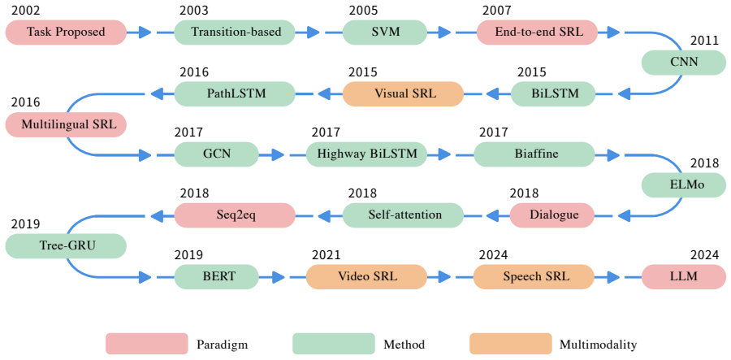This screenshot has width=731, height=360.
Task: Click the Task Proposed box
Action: [66, 33]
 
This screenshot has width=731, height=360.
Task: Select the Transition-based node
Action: [235, 33]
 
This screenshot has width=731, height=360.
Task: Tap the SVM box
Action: [385, 33]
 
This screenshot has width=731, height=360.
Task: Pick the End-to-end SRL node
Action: [537, 33]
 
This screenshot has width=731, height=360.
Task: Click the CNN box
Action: [684, 63]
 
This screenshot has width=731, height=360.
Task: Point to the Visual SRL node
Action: [403, 93]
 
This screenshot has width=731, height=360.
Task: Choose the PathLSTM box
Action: [235, 93]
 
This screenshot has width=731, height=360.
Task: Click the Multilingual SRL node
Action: [66, 124]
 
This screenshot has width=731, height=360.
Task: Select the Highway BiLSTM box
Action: [366, 154]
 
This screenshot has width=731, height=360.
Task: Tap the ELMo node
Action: [684, 185]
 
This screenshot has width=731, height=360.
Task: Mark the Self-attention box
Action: [403, 215]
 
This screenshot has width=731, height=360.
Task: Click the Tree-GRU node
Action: [66, 245]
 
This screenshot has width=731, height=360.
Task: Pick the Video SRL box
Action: [366, 276]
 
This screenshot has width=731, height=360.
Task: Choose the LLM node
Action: [684, 276]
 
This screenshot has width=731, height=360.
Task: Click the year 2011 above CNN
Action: [704, 41]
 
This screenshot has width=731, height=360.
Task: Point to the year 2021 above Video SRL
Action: [327, 255]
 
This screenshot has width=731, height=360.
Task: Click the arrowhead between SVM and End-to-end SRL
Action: [444, 33]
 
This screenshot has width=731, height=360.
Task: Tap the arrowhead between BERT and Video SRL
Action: [278, 276]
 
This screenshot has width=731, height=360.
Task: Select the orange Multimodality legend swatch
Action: [511, 344]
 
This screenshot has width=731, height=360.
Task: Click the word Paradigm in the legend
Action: [222, 345]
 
